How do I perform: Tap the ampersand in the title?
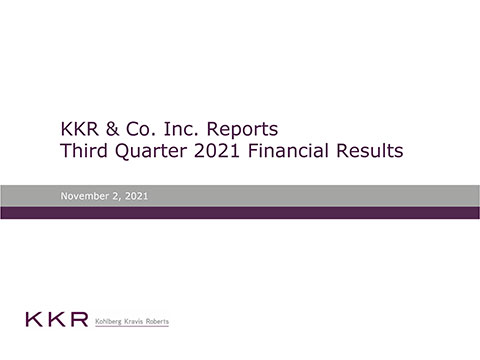tap(111, 130)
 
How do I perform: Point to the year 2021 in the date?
tap(137, 196)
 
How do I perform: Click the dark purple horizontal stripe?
tap(240, 212)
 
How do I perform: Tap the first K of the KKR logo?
tap(34, 321)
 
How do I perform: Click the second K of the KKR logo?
tap(55, 321)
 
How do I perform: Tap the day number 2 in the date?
tap(116, 196)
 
